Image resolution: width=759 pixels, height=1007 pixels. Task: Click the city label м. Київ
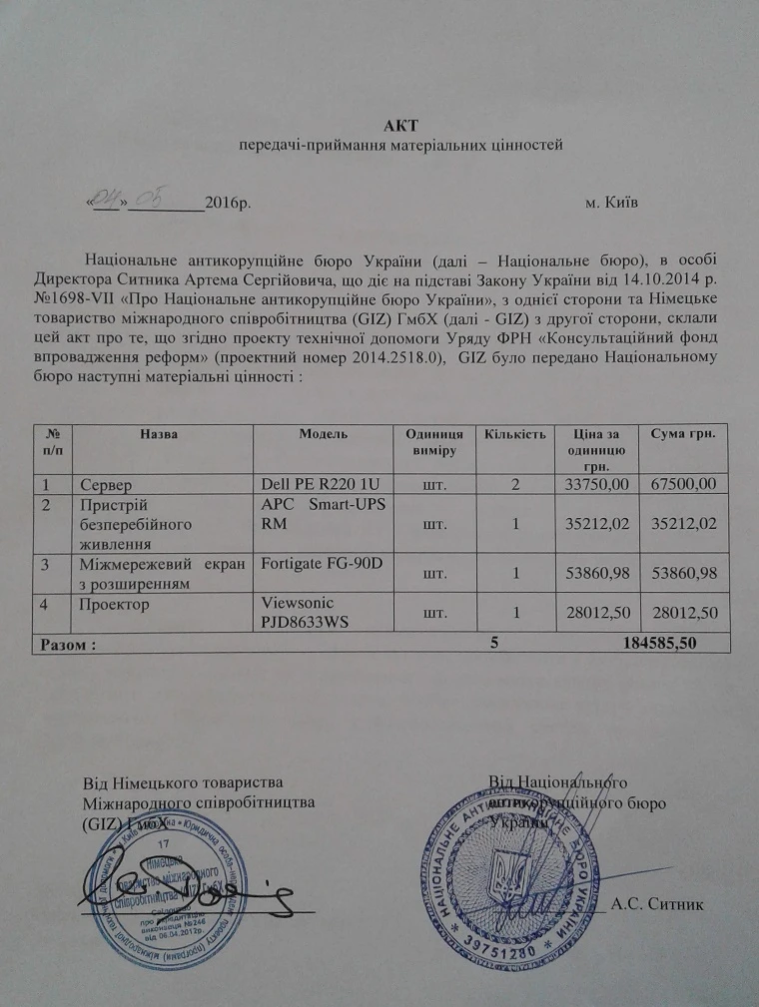(611, 204)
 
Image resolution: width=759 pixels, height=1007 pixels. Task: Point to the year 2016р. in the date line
(227, 204)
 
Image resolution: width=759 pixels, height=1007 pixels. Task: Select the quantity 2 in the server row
(515, 484)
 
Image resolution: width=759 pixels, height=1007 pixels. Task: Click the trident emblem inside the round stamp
(504, 875)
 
